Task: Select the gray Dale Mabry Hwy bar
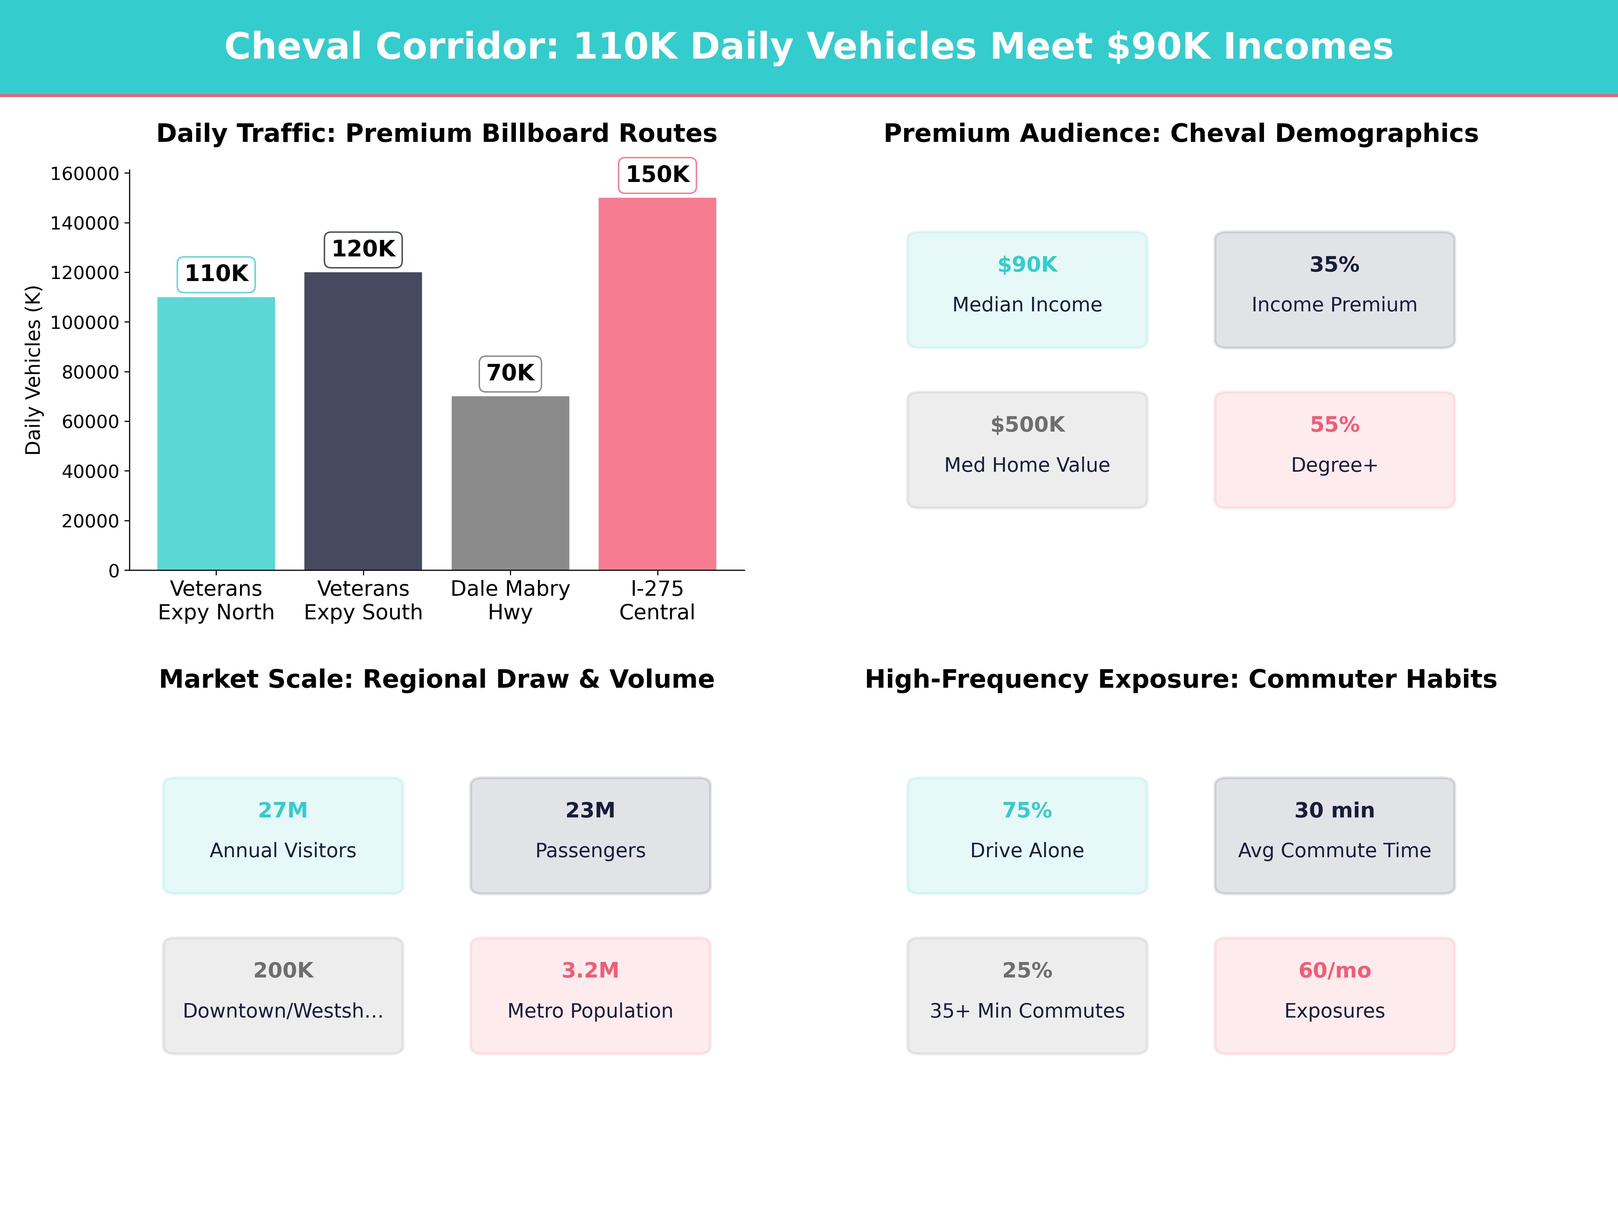point(510,483)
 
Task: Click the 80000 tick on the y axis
point(90,372)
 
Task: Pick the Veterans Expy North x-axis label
point(216,600)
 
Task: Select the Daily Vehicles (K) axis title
point(33,370)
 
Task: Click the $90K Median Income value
point(1027,265)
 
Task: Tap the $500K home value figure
point(1027,425)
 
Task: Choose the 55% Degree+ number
point(1334,425)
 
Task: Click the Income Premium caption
point(1334,305)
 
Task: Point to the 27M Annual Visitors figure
point(283,810)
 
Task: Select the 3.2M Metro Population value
point(590,970)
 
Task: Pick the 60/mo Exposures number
point(1334,970)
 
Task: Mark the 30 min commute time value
point(1334,810)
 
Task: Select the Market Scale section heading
point(437,679)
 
